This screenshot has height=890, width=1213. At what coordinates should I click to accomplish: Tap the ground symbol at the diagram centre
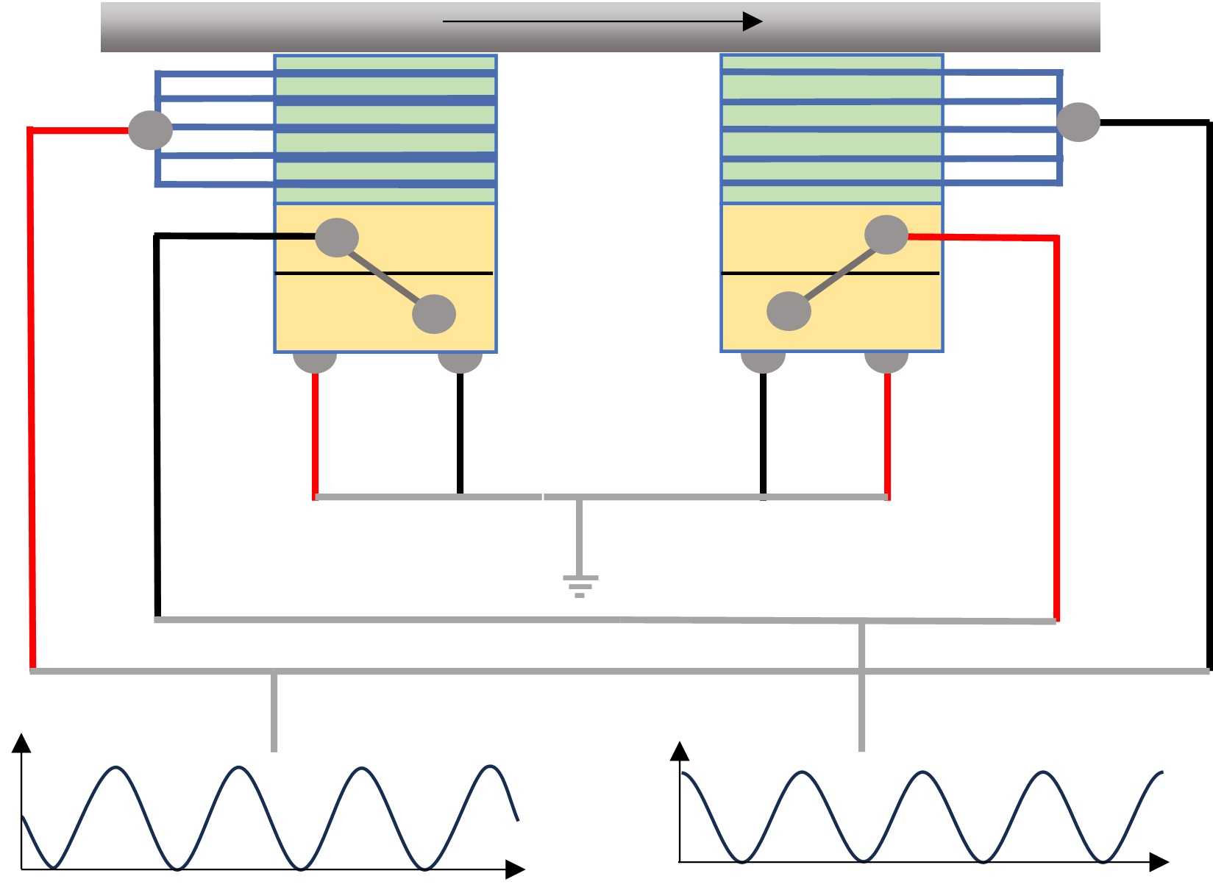pos(580,585)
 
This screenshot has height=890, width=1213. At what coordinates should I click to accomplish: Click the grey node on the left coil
pos(151,130)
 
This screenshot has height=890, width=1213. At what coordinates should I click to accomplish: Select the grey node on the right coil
pos(1078,122)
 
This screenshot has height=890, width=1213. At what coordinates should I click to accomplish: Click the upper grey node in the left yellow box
pos(337,238)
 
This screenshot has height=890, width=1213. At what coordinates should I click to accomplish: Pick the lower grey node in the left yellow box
pos(434,314)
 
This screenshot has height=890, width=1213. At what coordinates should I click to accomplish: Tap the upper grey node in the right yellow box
pos(886,235)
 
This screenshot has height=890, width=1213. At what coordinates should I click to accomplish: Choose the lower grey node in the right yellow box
pos(789,311)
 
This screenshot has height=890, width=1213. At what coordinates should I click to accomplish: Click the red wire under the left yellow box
pos(315,434)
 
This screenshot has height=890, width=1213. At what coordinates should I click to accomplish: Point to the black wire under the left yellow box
pos(460,434)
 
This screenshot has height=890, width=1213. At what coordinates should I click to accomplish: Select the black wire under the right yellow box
pos(763,434)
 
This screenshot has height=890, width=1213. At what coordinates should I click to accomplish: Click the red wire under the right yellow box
pos(887,434)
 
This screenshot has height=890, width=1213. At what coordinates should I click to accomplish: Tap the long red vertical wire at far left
pos(31,397)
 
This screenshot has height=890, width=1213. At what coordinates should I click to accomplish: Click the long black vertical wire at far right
pos(1208,397)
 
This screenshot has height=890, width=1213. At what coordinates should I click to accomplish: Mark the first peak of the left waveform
pos(115,768)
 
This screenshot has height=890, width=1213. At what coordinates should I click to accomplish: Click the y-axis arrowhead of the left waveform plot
pos(22,742)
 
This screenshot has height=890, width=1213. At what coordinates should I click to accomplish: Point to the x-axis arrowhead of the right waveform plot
pos(1159,862)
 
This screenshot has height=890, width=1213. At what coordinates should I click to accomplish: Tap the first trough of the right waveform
pos(742,860)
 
